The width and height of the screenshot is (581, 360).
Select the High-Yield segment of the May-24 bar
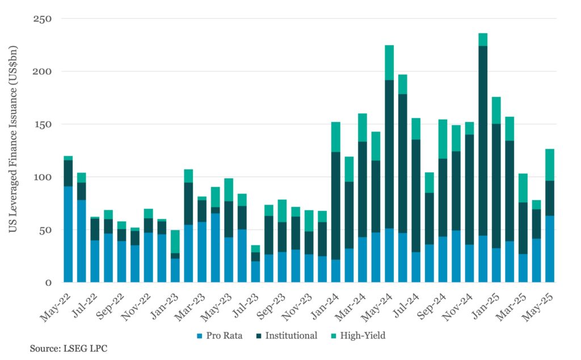click(389, 62)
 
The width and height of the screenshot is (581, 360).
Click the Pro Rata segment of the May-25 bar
click(550, 249)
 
